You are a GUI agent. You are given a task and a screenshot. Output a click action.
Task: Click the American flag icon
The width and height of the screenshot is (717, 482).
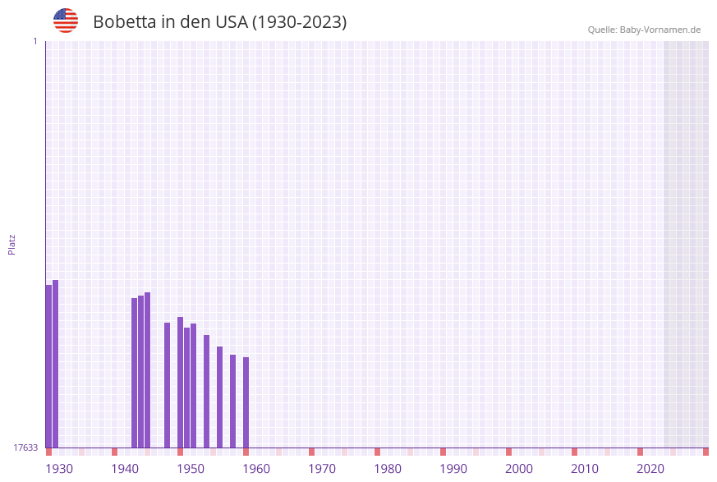[66, 21]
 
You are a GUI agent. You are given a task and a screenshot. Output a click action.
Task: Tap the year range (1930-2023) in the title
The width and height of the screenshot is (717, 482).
[299, 22]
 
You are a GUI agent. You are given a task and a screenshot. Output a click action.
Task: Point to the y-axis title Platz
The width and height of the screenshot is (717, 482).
[12, 245]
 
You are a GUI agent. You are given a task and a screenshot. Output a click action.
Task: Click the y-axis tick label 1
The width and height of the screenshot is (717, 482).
[34, 41]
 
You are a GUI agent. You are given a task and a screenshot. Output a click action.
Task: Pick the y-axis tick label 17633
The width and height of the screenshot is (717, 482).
[25, 448]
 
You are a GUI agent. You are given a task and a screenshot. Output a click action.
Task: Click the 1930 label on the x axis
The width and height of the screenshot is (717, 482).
[59, 469]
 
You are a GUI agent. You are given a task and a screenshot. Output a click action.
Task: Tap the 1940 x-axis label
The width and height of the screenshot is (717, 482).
[125, 469]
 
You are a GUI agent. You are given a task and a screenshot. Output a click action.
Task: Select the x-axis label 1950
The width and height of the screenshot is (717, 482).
[191, 469]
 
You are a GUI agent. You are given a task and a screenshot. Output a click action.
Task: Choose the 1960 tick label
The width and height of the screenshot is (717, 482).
[256, 469]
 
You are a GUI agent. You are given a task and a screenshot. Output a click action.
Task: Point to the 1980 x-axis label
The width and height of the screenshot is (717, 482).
[388, 469]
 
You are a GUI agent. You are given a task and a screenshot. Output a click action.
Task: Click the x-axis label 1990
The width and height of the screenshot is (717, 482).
[453, 469]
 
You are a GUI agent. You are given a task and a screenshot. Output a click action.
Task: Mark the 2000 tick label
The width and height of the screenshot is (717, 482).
[519, 469]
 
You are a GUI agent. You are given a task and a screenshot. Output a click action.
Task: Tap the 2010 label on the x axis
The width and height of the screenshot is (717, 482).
[585, 469]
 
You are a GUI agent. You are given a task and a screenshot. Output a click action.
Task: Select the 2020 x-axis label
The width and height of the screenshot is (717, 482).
[650, 469]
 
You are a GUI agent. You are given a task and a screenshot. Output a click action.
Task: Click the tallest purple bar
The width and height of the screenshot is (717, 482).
[56, 364]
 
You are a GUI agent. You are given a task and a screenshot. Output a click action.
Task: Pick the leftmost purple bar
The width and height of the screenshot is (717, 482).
[48, 366]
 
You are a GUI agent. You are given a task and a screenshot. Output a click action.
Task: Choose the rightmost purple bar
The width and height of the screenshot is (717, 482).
[246, 402]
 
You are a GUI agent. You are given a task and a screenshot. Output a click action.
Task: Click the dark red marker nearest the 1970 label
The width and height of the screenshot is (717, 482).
[312, 452]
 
